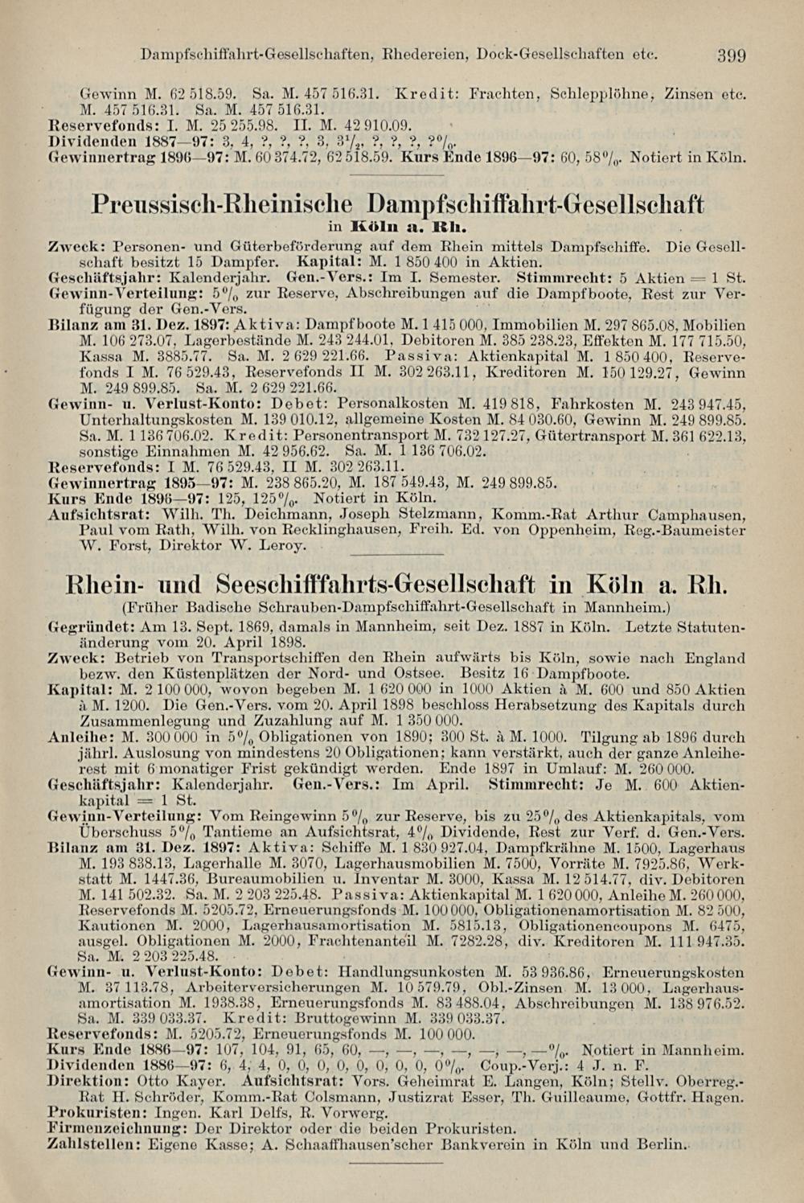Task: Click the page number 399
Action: (x=732, y=56)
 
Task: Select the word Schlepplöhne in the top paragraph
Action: (x=601, y=94)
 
